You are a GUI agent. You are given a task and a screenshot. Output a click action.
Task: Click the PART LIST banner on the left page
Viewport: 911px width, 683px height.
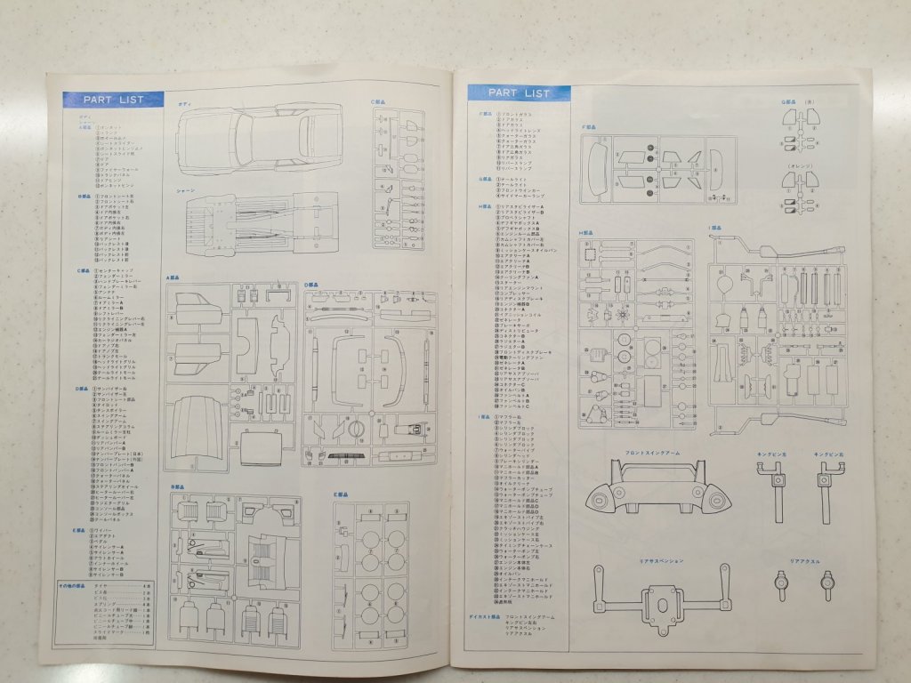[113, 99]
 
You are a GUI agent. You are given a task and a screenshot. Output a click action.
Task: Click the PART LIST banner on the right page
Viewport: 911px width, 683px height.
[520, 92]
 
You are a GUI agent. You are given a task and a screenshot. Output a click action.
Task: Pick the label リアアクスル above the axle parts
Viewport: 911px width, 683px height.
[807, 562]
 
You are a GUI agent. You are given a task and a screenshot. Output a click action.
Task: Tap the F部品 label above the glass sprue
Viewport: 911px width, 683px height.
[588, 127]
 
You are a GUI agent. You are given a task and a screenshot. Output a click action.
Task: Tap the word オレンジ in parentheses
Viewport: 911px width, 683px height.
[798, 166]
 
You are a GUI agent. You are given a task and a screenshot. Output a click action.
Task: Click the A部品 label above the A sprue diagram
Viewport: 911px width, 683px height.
[171, 277]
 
